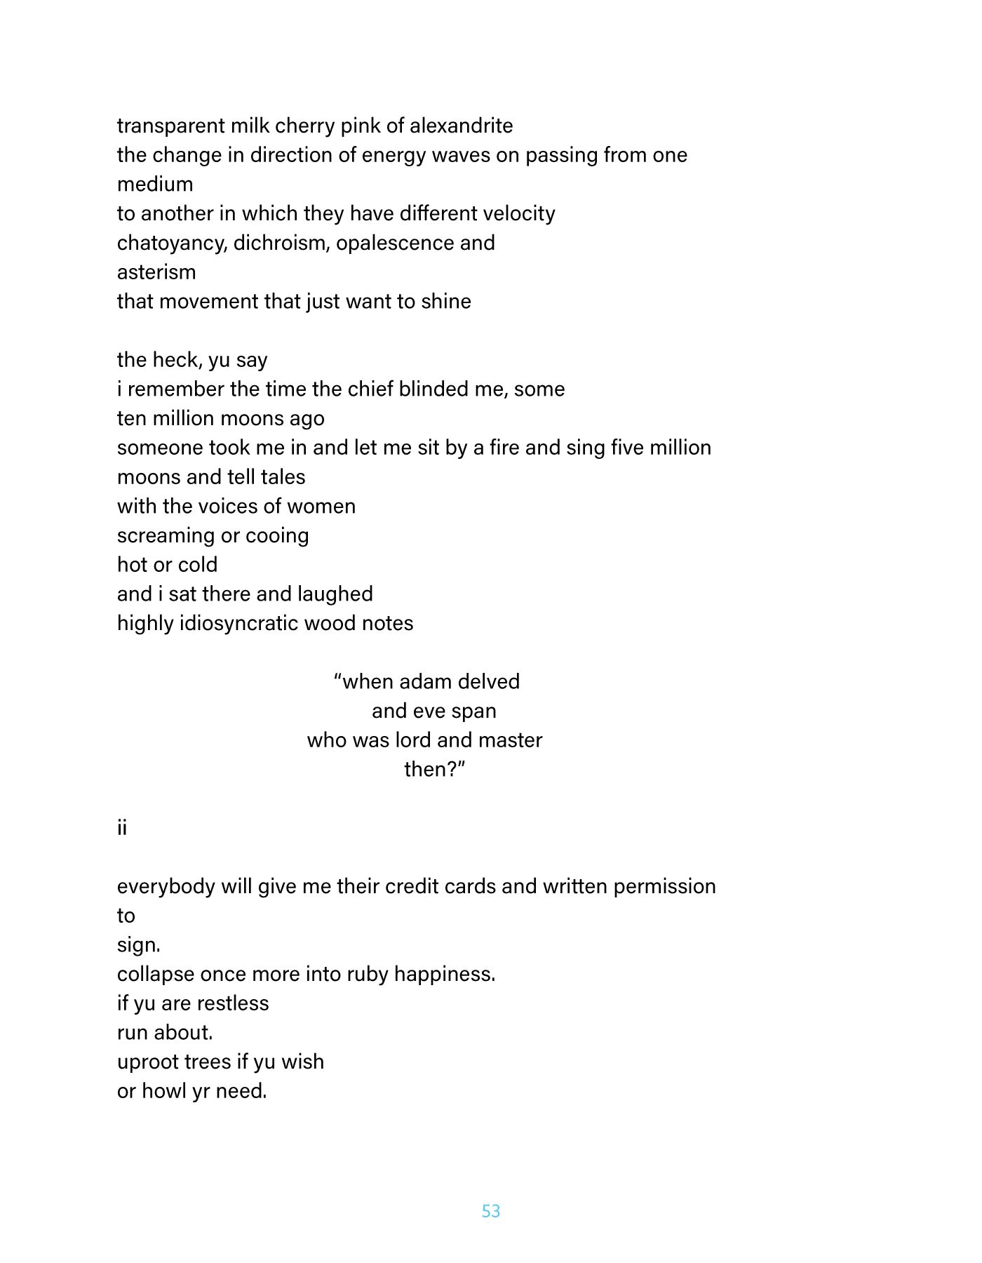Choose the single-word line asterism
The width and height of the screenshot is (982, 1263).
point(156,272)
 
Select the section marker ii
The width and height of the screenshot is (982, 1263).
point(122,828)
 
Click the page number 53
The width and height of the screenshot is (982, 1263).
point(491,1211)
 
